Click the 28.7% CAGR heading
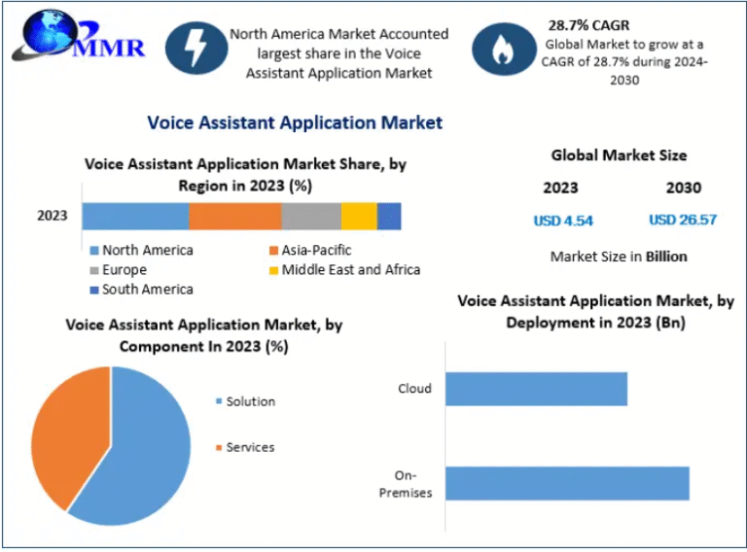588,24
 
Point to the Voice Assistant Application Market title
294,122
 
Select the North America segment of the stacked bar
135,216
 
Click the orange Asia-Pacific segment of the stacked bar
234,216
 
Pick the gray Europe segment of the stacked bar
311,216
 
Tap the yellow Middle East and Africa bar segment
359,216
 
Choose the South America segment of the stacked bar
389,216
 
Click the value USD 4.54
563,220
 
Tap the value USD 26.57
683,220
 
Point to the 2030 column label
683,188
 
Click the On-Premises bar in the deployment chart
568,483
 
